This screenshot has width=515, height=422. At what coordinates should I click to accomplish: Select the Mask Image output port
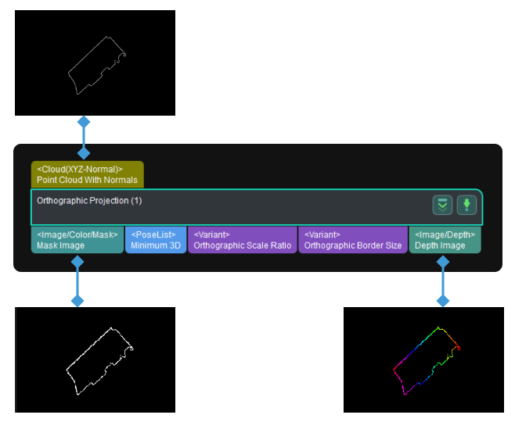pyautogui.click(x=77, y=240)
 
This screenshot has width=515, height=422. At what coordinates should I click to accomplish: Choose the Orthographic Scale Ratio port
pyautogui.click(x=242, y=240)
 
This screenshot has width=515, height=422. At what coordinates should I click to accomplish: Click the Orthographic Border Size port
pyautogui.click(x=352, y=240)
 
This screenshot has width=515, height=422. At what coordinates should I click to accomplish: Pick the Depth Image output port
pyautogui.click(x=444, y=240)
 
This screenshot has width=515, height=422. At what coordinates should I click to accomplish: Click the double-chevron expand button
pyautogui.click(x=443, y=206)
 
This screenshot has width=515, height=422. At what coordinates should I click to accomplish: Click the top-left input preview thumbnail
pyautogui.click(x=95, y=63)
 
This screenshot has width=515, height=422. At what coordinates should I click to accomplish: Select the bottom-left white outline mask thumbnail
pyautogui.click(x=95, y=359)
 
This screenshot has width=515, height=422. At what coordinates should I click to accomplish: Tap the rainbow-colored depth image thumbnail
pyautogui.click(x=423, y=359)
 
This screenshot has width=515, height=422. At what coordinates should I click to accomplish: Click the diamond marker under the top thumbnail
pyautogui.click(x=84, y=122)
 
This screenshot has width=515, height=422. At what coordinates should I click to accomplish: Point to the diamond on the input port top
pyautogui.click(x=84, y=153)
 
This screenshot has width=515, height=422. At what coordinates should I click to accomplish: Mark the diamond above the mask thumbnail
pyautogui.click(x=77, y=300)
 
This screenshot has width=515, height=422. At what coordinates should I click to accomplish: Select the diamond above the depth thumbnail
pyautogui.click(x=443, y=300)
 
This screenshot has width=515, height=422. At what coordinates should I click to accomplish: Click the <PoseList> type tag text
pyautogui.click(x=153, y=234)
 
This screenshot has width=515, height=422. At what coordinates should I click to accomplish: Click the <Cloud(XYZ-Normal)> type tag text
pyautogui.click(x=80, y=169)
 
